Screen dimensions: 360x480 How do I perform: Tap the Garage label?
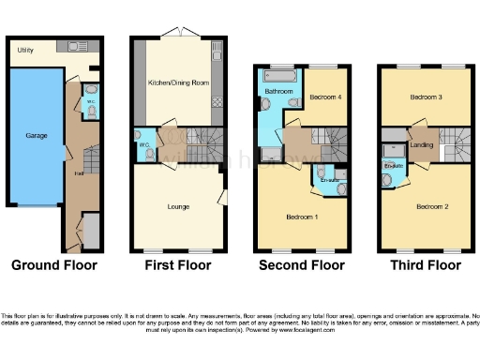point(37,136)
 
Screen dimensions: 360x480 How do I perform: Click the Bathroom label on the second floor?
point(277,92)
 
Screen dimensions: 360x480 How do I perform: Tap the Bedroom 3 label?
point(426,97)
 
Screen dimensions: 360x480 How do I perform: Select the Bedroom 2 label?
point(433,205)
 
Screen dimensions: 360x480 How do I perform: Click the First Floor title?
point(178,265)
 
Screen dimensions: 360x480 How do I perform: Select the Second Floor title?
point(302,265)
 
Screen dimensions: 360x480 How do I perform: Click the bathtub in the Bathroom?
point(278,74)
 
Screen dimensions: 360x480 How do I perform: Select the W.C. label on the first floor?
point(144,144)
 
